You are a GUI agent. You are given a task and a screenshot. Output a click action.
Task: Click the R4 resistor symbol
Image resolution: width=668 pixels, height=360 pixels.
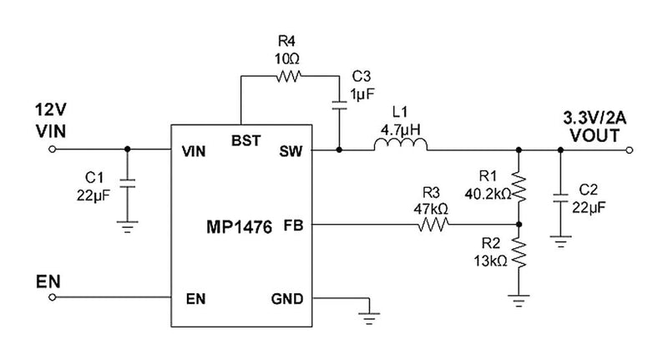click(287, 76)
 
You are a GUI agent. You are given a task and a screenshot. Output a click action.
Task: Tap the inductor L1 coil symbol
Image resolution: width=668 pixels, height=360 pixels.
click(401, 147)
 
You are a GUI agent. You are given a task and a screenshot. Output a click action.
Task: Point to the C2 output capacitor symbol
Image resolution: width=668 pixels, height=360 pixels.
click(560, 200)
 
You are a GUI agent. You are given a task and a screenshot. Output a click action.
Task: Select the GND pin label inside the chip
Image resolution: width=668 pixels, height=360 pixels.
click(287, 298)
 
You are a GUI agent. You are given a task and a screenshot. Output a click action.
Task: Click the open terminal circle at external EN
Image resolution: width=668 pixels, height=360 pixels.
click(54, 297)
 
